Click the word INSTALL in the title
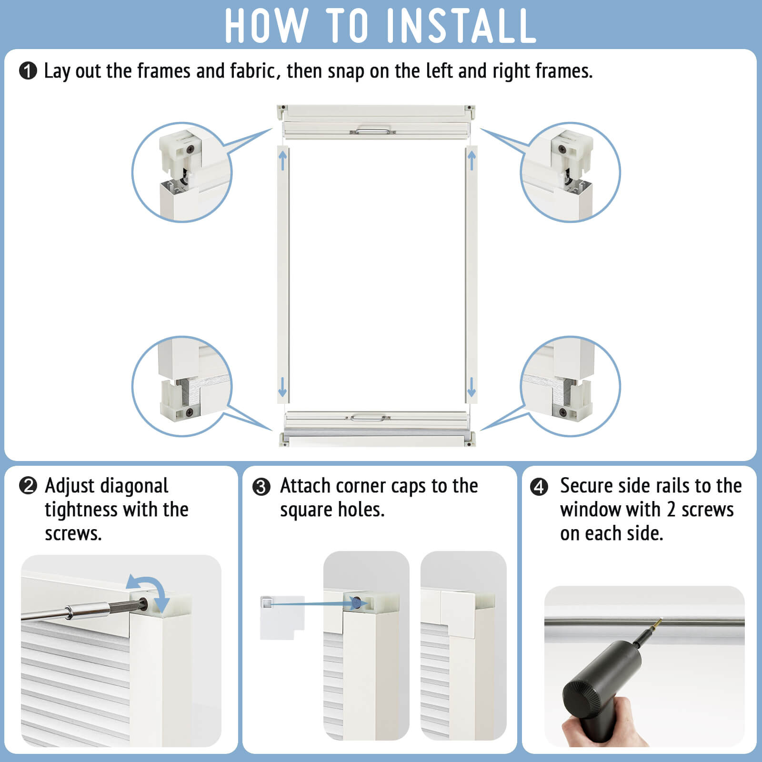461,26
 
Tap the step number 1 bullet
28,71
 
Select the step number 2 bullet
28,486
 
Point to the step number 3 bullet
261,487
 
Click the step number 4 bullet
539,487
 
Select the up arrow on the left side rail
283,160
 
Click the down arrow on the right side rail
471,387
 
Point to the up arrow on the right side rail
472,160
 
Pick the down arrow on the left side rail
282,387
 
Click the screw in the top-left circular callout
191,149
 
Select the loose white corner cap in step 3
282,617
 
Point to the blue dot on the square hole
357,603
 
